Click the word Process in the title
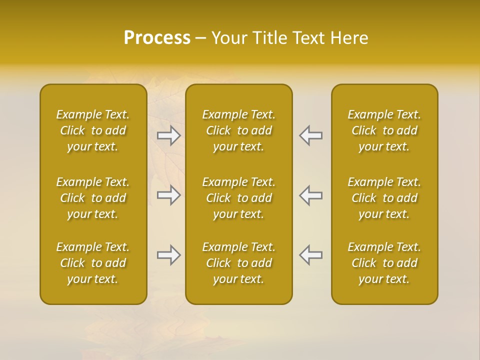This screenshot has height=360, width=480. coord(157,38)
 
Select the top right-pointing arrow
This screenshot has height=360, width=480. coord(168,135)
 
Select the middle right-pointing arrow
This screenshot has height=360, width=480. coord(168,195)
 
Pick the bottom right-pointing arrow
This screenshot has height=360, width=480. coord(168,255)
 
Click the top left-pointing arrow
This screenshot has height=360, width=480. coord(311,135)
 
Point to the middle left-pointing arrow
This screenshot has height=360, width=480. coord(311,195)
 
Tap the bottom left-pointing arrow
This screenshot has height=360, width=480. coord(311,255)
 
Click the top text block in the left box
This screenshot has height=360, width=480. coord(93,130)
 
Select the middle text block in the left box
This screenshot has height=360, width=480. coord(93,198)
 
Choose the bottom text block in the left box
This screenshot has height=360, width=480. coord(93,263)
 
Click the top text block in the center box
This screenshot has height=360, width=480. coord(238,130)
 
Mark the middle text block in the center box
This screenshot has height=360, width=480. coord(238,198)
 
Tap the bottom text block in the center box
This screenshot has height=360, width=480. coord(238,263)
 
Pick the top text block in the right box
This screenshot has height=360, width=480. coord(384,130)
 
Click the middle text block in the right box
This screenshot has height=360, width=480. coord(384,198)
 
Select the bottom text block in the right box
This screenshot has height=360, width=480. coord(384,263)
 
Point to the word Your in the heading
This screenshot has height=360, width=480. coord(229,38)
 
